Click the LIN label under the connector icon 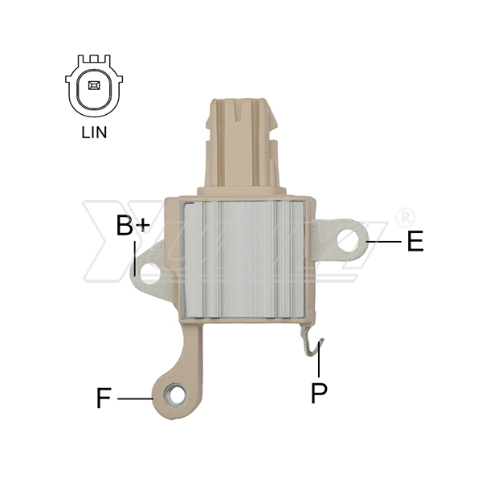click(94, 133)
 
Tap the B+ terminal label click(133, 226)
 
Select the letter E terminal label click(415, 241)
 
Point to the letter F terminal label click(104, 398)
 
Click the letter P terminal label click(319, 393)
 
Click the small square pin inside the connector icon click(94, 85)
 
